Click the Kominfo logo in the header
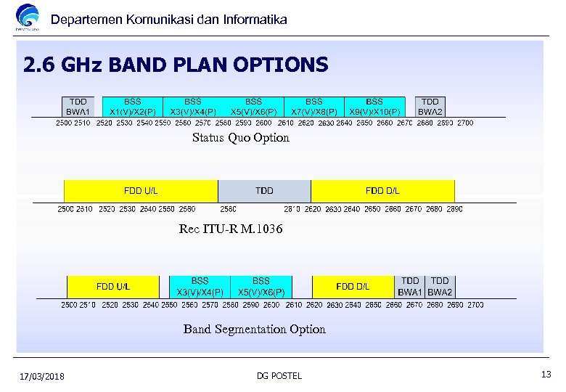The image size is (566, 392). tap(28, 18)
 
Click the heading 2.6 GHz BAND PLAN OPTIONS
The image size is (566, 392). tap(176, 66)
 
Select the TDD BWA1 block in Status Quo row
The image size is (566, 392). tap(78, 107)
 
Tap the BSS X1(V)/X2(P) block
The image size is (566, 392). tap(132, 107)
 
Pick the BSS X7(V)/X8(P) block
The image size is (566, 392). tap(313, 107)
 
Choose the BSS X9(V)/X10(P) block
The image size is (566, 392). tap(374, 107)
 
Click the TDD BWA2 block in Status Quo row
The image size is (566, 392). tap(430, 107)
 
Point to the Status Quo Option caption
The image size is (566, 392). tap(240, 138)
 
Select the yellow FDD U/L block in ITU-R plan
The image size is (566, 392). tap(141, 191)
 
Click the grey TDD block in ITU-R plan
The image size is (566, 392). tap(264, 191)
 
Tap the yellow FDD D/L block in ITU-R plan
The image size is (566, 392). tap(382, 191)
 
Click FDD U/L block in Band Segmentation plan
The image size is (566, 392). tap(113, 286)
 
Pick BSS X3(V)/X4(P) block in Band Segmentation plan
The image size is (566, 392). tap(200, 286)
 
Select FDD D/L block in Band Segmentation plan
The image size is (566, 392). tap(353, 286)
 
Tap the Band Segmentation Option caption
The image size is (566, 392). tap(254, 330)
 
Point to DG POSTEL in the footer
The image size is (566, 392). tap(279, 375)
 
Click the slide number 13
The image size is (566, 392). tap(546, 373)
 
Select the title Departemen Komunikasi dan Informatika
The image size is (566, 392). tap(169, 20)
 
